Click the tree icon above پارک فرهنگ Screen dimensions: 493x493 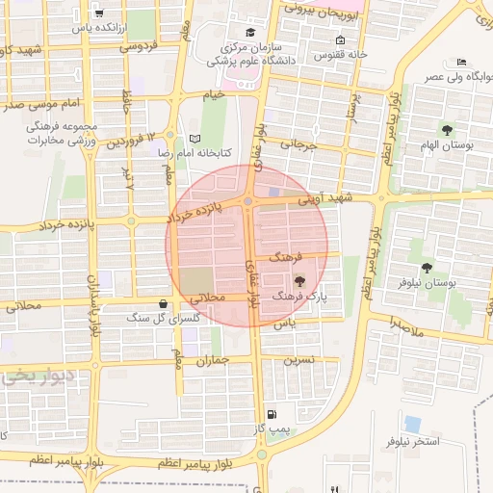point(300,281)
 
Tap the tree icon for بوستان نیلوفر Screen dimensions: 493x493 point(427,267)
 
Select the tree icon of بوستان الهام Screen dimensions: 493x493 point(446,129)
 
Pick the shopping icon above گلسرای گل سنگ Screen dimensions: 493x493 point(162,303)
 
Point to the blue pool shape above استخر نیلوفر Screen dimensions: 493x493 point(413,424)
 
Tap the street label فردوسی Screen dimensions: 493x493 point(138,45)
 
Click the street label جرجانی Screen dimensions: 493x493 point(298,147)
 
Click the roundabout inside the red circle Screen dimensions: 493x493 point(248,200)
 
